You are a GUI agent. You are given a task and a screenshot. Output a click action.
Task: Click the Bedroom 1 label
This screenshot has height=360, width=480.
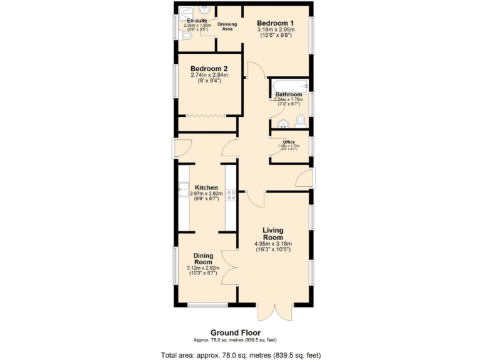click(x=276, y=23)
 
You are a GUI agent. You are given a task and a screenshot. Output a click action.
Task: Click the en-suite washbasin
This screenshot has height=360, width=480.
click(x=204, y=10)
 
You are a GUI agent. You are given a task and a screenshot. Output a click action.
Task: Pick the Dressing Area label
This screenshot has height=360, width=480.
click(x=227, y=27)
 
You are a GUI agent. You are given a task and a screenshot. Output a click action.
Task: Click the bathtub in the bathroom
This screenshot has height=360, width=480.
click(x=288, y=85)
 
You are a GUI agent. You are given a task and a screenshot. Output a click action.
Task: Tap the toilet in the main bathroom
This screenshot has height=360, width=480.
click(x=301, y=120)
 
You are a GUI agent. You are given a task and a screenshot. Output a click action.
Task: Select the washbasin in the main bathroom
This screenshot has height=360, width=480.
click(x=282, y=122)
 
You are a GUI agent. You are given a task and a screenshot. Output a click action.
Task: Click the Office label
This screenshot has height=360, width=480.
click(x=289, y=142)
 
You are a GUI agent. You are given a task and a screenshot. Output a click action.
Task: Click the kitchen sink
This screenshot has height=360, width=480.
click(x=182, y=187)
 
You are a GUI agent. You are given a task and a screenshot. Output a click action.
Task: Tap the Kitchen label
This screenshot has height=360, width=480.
click(x=206, y=187)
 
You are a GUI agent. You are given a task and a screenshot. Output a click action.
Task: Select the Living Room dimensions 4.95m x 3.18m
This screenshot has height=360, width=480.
click(x=272, y=244)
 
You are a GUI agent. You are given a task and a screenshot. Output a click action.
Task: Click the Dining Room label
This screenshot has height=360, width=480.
click(x=203, y=259)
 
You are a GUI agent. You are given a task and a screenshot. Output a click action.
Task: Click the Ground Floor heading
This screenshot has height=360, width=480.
click(x=236, y=332)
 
